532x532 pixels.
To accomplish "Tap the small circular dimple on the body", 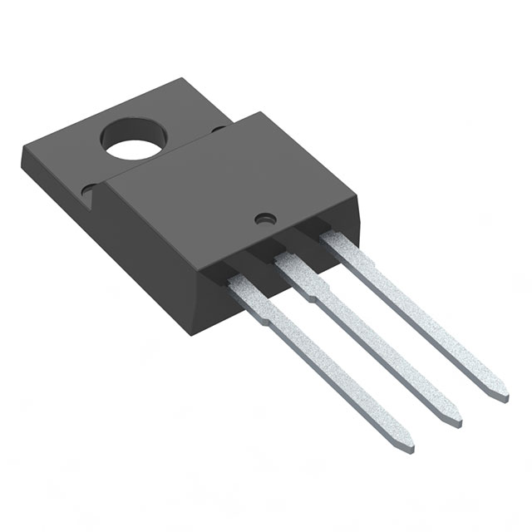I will coord(265,219).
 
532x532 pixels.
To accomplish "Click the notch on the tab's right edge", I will coord(218,129).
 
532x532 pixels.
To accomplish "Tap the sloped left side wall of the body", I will coord(150,241).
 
